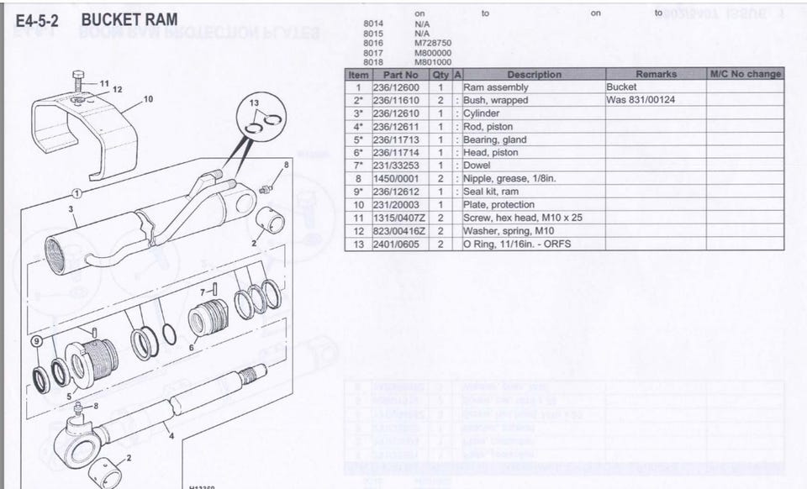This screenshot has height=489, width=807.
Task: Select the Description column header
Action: point(534,74)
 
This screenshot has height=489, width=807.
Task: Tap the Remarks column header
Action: point(656,74)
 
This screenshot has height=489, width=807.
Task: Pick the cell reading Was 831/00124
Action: point(641,100)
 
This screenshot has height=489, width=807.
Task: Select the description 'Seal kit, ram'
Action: point(491,192)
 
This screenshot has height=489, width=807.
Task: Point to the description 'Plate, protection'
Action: point(498,205)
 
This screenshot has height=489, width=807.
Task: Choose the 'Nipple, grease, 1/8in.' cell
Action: point(509,179)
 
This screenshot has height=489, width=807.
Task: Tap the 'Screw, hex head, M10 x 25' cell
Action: point(523,218)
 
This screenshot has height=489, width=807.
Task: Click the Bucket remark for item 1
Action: point(622,87)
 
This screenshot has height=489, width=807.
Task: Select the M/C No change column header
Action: point(745,74)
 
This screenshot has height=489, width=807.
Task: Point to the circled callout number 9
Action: point(36,341)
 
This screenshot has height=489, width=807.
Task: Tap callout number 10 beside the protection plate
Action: point(148,99)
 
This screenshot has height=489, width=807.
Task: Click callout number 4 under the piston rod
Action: point(171,435)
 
